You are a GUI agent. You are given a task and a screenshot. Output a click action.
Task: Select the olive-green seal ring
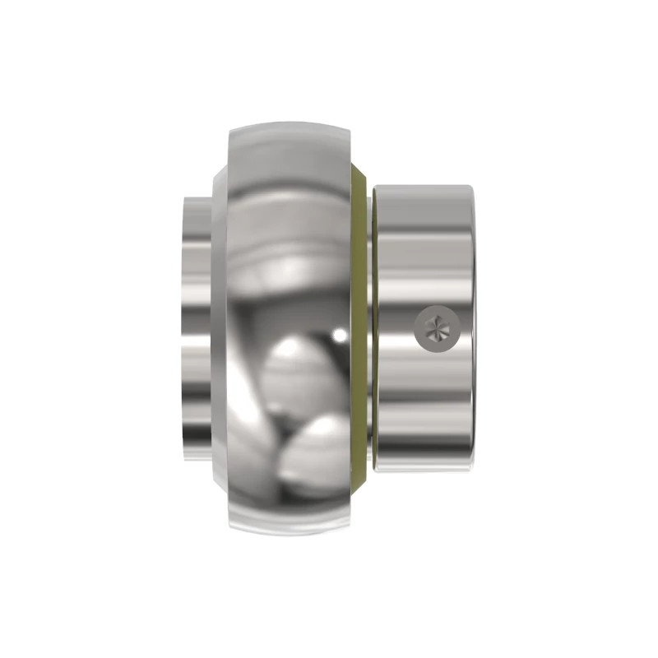(x=359, y=329)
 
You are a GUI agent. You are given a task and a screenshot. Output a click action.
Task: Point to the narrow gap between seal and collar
(x=372, y=329)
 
